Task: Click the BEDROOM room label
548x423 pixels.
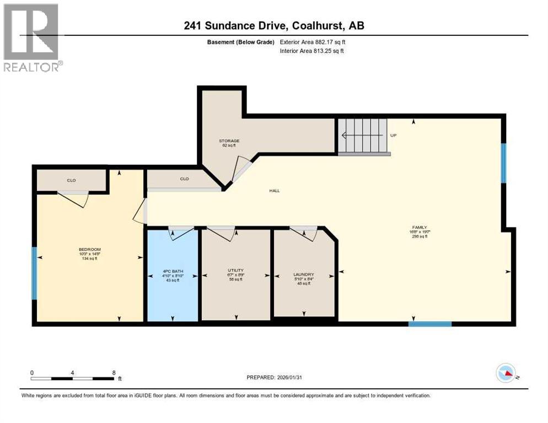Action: tap(90, 249)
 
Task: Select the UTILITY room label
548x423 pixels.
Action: tap(235, 270)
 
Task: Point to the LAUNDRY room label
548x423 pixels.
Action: tap(304, 274)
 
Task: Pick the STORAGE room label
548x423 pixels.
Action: tap(229, 141)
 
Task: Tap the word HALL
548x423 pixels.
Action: tap(275, 191)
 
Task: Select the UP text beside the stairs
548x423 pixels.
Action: tap(393, 135)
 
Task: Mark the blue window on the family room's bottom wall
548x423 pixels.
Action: tap(430, 324)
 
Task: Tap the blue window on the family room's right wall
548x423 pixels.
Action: tap(503, 162)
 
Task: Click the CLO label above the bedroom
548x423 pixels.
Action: tap(71, 180)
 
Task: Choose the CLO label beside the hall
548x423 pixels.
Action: tap(184, 178)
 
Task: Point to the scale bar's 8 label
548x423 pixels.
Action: tap(114, 372)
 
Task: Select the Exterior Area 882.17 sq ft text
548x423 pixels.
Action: tap(313, 42)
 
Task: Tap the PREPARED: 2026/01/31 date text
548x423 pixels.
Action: tap(275, 377)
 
